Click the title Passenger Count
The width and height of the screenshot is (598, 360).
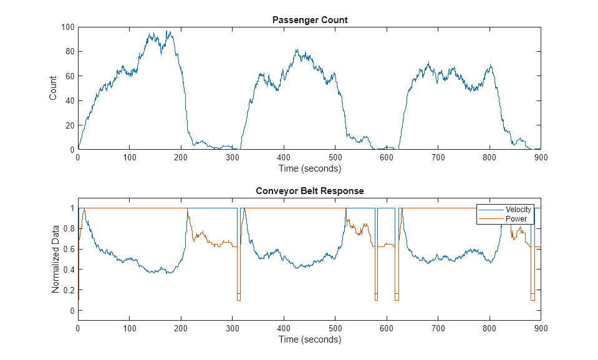click(310, 20)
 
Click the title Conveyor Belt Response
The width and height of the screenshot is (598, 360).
click(310, 191)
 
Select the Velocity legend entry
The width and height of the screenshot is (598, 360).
click(518, 210)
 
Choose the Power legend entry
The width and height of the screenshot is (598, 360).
click(515, 219)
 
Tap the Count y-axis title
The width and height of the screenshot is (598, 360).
click(53, 88)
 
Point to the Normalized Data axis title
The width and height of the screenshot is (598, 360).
click(55, 260)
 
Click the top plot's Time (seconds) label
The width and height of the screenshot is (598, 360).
click(310, 168)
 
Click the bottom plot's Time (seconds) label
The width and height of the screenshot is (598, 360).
click(310, 339)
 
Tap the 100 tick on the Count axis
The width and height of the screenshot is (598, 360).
click(68, 27)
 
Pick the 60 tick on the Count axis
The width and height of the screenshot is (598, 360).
click(70, 76)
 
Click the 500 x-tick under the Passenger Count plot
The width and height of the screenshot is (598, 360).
click(335, 158)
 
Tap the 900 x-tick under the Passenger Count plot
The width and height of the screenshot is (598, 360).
click(541, 158)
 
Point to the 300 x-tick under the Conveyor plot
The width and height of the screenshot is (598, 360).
click(232, 328)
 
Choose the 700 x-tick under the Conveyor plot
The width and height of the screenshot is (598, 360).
click(438, 328)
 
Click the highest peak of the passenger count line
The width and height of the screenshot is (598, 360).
click(168, 31)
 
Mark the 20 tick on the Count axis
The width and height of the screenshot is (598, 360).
click(70, 125)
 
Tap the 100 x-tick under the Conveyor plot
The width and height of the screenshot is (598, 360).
click(129, 328)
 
